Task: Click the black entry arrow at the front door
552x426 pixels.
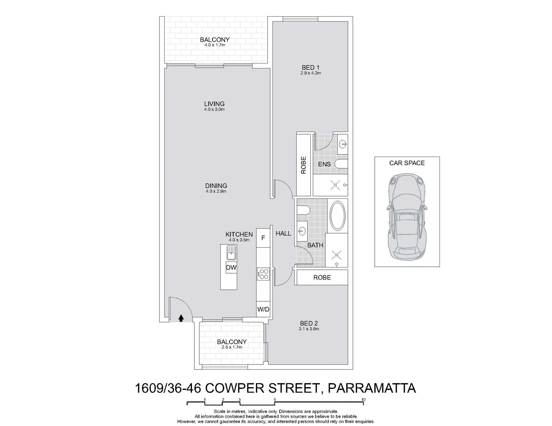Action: point(181,318)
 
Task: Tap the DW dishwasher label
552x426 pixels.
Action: point(231,268)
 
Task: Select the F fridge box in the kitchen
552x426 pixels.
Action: point(263,238)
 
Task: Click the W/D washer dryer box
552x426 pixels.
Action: point(263,309)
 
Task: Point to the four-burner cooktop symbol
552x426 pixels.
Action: point(263,274)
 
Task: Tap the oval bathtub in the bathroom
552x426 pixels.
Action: point(338,216)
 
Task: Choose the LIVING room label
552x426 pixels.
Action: point(214,104)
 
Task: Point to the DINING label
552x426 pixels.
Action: point(216,186)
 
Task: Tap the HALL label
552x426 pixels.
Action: point(283,234)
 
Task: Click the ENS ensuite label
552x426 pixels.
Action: point(324,164)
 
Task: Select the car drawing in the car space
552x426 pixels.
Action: point(407,217)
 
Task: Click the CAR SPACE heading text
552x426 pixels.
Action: point(407,163)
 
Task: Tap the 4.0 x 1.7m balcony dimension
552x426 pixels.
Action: point(214,45)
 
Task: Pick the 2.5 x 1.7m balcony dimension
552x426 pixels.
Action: point(232,347)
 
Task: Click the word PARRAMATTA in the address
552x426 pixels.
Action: point(372,388)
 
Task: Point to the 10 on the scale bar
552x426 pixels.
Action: point(363,400)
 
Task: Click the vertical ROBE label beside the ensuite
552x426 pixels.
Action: point(303,165)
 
